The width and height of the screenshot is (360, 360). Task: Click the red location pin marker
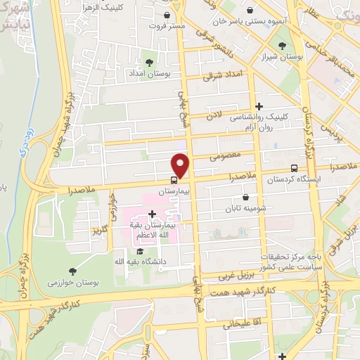pos(181,165)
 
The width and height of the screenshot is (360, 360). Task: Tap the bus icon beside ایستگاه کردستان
pos(294,168)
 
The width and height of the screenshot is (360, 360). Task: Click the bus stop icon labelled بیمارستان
pos(174,180)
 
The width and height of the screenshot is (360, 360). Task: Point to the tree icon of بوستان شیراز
pos(283,46)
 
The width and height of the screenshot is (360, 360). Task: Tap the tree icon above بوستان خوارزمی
pos(73,271)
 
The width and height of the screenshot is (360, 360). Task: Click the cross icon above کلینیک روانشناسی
pos(259,107)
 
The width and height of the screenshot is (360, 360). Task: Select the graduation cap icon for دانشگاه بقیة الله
pos(140,251)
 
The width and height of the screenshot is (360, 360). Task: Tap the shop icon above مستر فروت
pos(166,15)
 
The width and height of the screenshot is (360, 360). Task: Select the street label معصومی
pos(224,158)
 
